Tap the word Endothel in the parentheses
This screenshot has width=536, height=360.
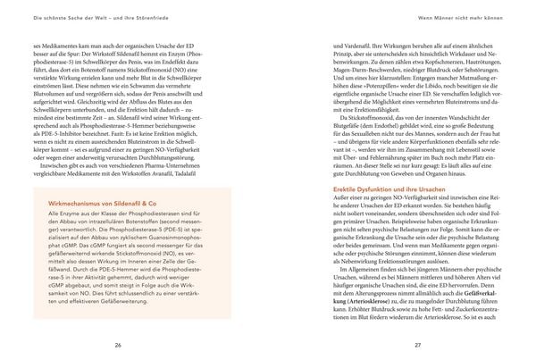click(381, 151)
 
